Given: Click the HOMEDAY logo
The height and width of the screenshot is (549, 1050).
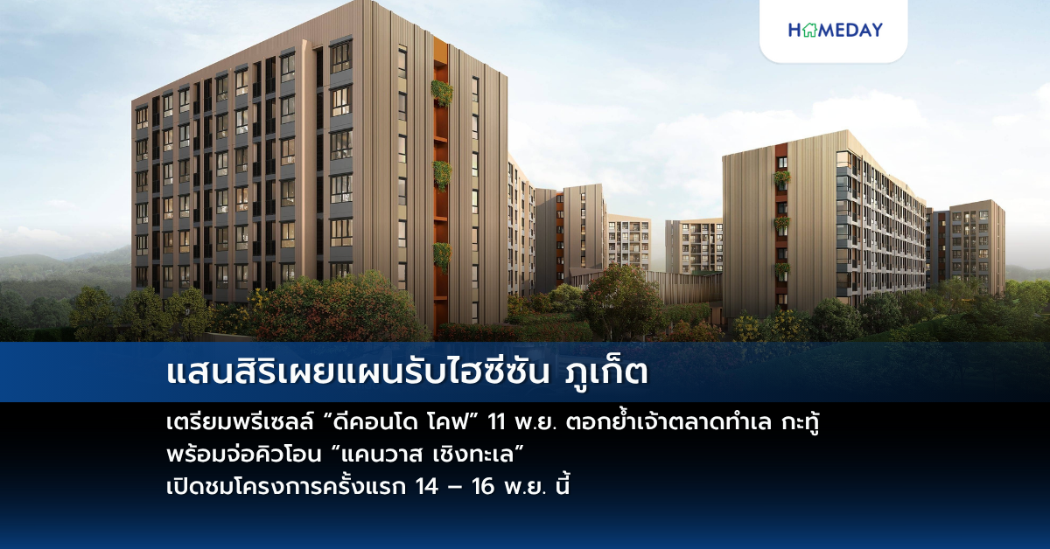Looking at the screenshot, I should coord(835,31).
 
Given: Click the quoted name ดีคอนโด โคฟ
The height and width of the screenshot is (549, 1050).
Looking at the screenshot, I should coord(401,425).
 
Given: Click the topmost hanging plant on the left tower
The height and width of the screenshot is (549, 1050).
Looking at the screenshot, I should coord(442,93).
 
